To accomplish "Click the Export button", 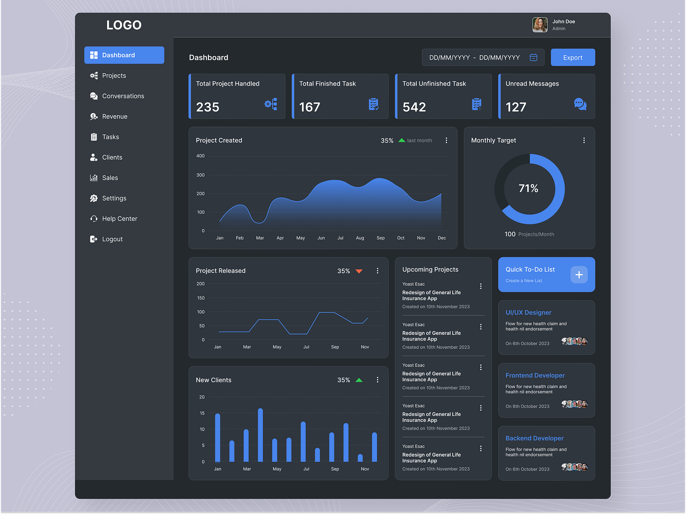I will pos(572,57).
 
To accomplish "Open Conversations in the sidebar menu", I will pos(123,96).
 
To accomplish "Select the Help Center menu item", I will pos(119,219).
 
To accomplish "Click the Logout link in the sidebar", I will pos(112,239).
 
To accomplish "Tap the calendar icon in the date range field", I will pos(533,57).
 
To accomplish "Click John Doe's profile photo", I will pos(540,25).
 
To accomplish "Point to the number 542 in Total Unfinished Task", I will pos(414,107).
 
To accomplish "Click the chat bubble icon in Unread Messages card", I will pos(580,104).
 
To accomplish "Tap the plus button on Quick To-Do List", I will pos(579,275).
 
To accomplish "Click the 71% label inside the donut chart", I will pos(528,188).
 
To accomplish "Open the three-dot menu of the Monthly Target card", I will pos(584,140).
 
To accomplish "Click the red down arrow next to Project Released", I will pos(359,271).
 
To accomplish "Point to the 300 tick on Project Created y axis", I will pos(201,175).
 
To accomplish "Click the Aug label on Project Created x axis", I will pos(360,238).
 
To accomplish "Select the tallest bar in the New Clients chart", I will pos(260,435).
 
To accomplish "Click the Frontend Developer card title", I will pos(535,375).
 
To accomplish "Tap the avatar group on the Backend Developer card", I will pos(575,467).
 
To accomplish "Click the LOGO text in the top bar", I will pos(124,25).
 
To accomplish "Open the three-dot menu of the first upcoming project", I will pos(481,286).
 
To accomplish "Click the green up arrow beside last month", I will pos(402,140).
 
